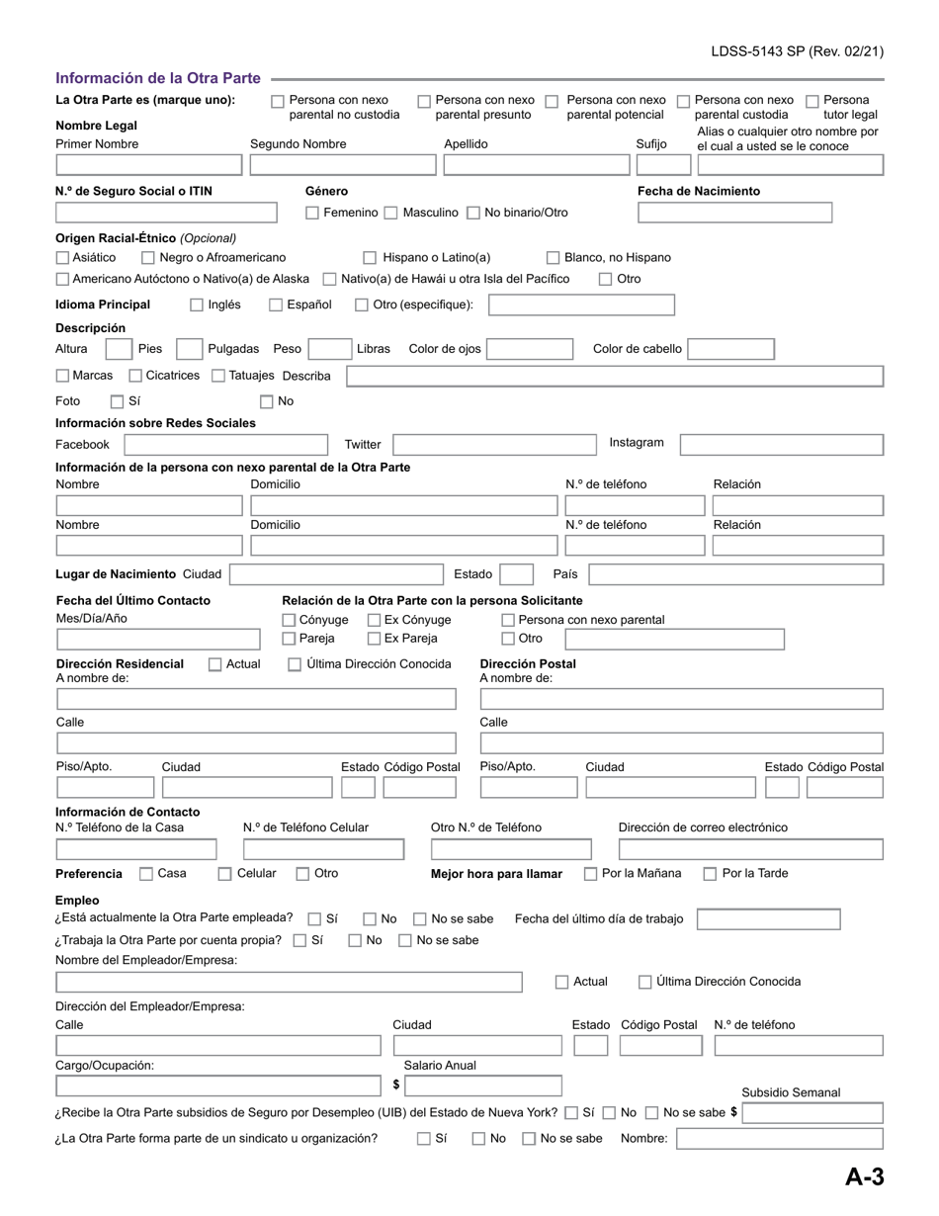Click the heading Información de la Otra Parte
(158, 78)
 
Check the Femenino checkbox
(312, 213)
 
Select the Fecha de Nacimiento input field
(734, 213)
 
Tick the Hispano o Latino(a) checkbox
(370, 258)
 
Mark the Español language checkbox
(276, 305)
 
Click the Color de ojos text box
(530, 349)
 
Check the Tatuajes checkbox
(218, 376)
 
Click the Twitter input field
(494, 445)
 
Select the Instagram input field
(781, 445)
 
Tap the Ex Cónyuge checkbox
(375, 620)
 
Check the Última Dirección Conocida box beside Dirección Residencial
(295, 664)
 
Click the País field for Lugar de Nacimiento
(735, 574)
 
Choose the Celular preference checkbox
(224, 874)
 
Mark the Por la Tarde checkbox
(710, 874)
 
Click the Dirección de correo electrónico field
(750, 849)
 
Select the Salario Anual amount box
(482, 1086)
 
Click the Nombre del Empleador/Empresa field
(289, 982)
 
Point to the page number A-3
(864, 1176)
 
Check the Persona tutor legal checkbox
(812, 101)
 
